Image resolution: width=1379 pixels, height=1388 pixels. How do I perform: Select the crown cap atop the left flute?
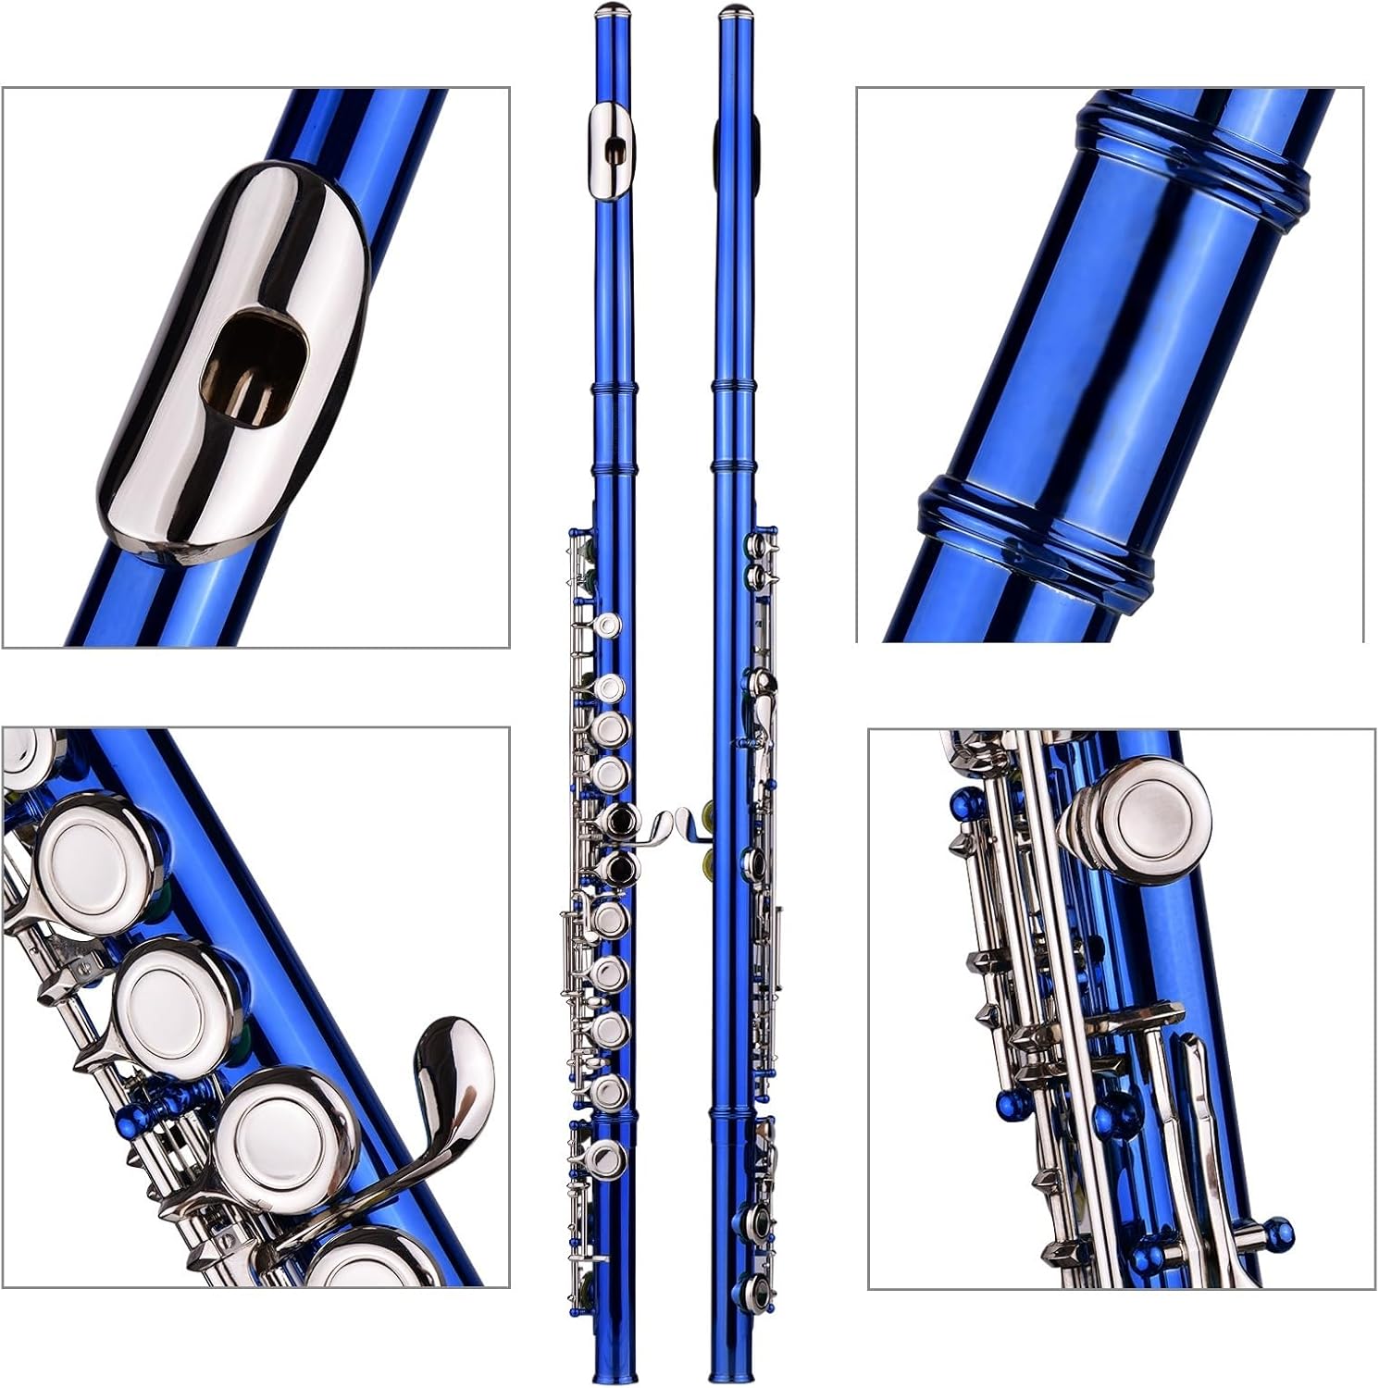click(x=613, y=11)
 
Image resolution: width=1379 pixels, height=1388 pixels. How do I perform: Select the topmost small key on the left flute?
click(x=607, y=626)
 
